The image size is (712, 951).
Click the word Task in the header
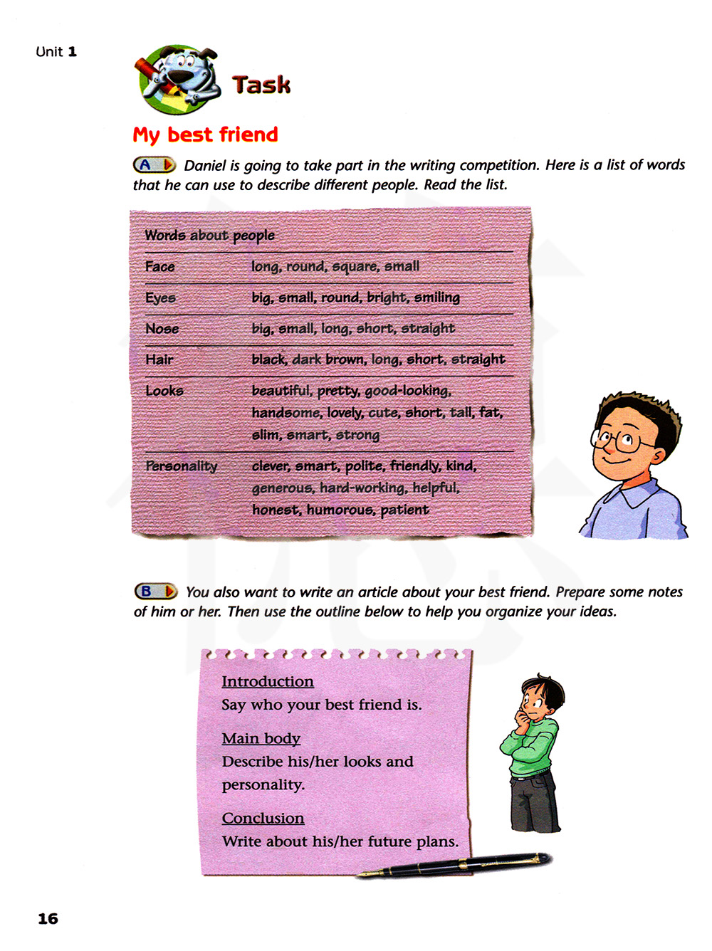(x=261, y=85)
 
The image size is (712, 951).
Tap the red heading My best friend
(x=205, y=135)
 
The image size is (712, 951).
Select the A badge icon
(x=154, y=165)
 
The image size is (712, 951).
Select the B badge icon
(x=155, y=592)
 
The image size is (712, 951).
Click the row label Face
(x=159, y=267)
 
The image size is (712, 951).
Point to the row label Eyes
(x=160, y=298)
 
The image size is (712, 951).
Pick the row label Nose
(x=162, y=329)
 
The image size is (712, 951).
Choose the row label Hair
(x=159, y=359)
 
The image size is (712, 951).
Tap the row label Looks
(x=164, y=391)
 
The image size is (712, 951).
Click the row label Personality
(x=181, y=466)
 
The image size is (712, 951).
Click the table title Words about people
(x=209, y=235)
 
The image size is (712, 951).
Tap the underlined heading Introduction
(x=267, y=681)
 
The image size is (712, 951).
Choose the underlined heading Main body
(x=261, y=738)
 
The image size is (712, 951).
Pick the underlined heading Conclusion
(x=263, y=818)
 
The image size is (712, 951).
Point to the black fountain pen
(x=456, y=866)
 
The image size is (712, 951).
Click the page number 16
(x=48, y=918)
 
